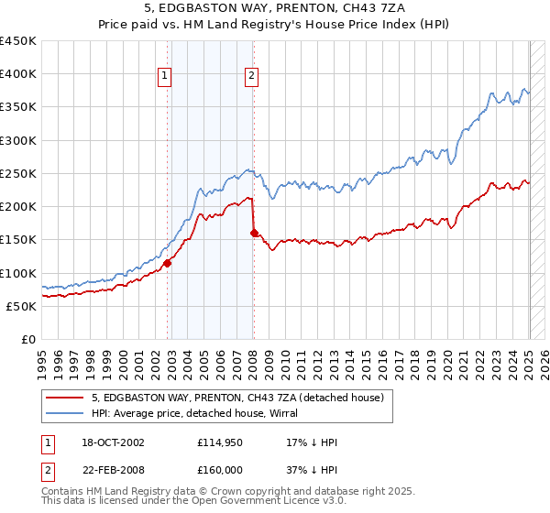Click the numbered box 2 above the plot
(x=251, y=77)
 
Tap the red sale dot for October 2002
(x=168, y=263)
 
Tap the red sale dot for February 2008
(x=254, y=233)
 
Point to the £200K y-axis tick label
(x=18, y=206)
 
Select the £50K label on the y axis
(x=21, y=306)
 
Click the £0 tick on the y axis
(x=29, y=339)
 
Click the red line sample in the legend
(x=64, y=398)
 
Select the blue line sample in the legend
(x=64, y=413)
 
